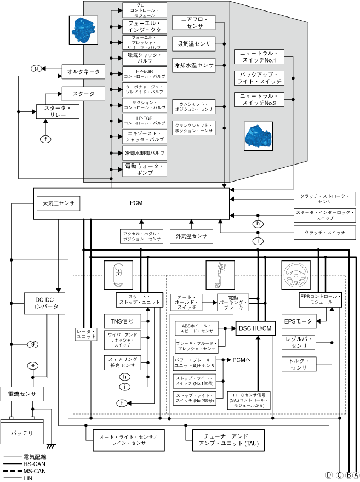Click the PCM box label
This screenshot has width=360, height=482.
pyautogui.click(x=136, y=203)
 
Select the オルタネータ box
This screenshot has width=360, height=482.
pyautogui.click(x=84, y=72)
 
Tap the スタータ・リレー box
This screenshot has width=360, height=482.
pyautogui.click(x=58, y=111)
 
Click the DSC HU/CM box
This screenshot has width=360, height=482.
pyautogui.click(x=254, y=328)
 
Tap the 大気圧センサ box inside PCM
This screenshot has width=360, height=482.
pyautogui.click(x=58, y=203)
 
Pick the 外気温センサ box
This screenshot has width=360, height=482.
pyautogui.click(x=191, y=236)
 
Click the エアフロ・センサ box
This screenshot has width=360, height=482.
pyautogui.click(x=191, y=22)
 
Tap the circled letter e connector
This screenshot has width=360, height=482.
pyautogui.click(x=34, y=365)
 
